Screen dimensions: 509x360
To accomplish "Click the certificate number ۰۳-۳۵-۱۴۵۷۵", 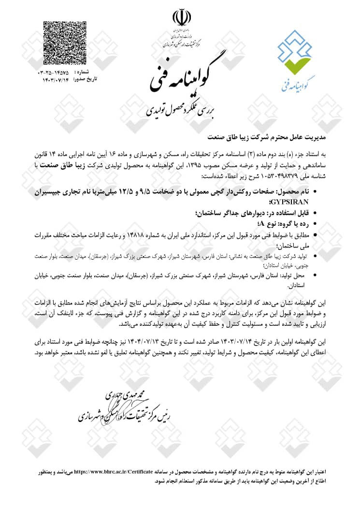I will pos(56,72).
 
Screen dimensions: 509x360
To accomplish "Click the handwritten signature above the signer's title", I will pos(119,398).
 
